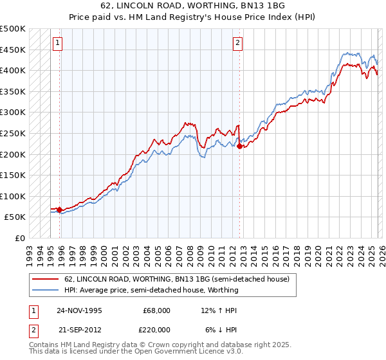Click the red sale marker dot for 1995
[59, 210]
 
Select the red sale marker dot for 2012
[240, 146]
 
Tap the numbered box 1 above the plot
[58, 43]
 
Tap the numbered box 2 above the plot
[237, 43]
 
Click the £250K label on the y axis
[12, 134]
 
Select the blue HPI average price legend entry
[151, 290]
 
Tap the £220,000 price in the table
[156, 329]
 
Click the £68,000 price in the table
[156, 310]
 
